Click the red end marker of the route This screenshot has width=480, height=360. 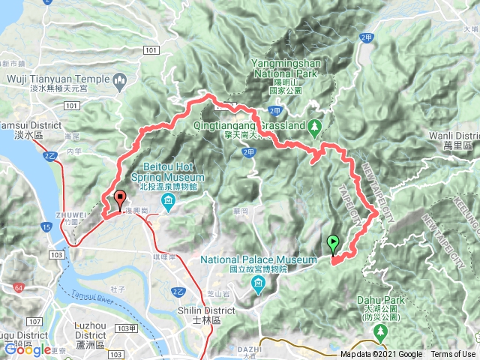119,200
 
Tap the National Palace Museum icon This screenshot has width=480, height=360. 258,283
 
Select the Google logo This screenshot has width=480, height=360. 28,349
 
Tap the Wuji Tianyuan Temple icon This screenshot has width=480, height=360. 118,79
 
